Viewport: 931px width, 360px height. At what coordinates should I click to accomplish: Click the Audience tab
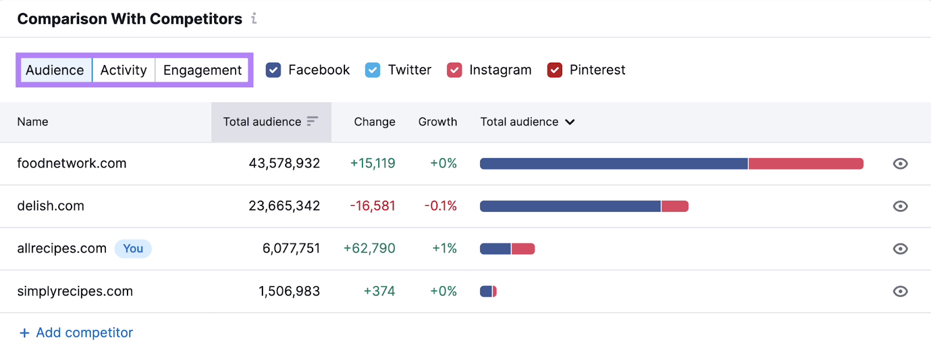click(55, 70)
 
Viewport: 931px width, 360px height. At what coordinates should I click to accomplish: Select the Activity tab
click(123, 70)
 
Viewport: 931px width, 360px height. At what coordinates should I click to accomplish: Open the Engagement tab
click(202, 70)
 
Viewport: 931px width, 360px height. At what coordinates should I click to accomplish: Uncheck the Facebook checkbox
click(273, 70)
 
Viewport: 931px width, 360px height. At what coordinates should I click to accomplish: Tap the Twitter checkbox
click(372, 70)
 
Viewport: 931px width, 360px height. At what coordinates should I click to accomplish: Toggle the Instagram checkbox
click(454, 70)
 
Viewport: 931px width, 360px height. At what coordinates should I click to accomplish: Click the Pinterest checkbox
click(555, 70)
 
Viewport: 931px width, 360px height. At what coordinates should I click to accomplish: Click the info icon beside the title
click(254, 19)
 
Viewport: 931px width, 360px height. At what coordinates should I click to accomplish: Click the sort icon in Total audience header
click(312, 121)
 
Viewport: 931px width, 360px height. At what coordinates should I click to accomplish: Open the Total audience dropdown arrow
click(570, 122)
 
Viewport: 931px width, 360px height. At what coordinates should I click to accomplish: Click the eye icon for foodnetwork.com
click(900, 164)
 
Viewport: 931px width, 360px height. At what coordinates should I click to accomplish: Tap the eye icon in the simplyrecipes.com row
click(900, 291)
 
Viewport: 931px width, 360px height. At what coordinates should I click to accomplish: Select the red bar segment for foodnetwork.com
click(805, 164)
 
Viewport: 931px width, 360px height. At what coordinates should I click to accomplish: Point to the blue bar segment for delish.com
click(570, 206)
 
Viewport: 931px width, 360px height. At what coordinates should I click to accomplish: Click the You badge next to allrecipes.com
click(133, 249)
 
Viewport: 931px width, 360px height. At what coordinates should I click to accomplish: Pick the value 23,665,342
click(284, 206)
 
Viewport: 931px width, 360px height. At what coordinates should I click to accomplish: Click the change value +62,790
click(369, 249)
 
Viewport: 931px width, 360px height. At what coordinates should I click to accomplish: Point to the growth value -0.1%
click(440, 206)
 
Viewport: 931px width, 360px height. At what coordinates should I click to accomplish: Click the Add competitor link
click(76, 333)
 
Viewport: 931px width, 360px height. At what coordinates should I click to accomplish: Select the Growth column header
click(438, 122)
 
